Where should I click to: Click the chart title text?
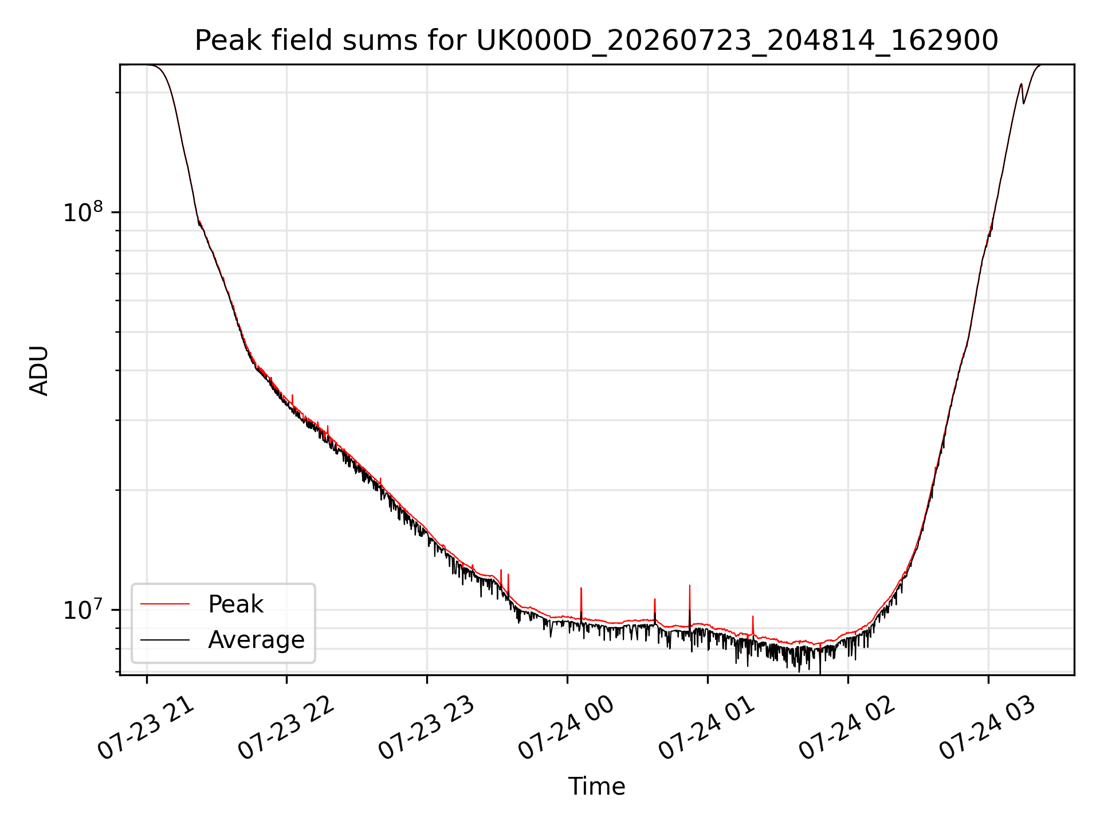(596, 41)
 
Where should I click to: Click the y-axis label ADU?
(39, 370)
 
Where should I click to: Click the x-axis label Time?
(596, 786)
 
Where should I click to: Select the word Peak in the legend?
(235, 604)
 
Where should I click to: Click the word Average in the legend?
(256, 640)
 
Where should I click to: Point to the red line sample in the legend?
(165, 604)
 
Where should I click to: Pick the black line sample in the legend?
(165, 639)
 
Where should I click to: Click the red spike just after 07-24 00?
(581, 604)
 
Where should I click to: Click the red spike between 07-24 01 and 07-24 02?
(753, 626)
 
